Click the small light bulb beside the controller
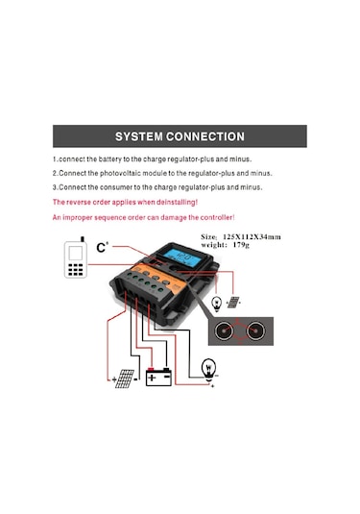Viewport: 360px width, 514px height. coord(217,303)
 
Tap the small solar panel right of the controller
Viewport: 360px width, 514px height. coord(234,302)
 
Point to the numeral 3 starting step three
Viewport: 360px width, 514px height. coord(55,187)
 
